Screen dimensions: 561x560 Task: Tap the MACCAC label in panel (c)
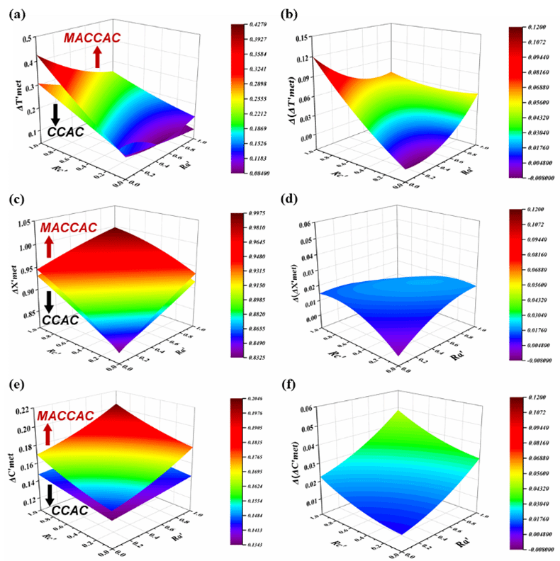[65, 228]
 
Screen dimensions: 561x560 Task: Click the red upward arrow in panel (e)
[48, 431]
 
